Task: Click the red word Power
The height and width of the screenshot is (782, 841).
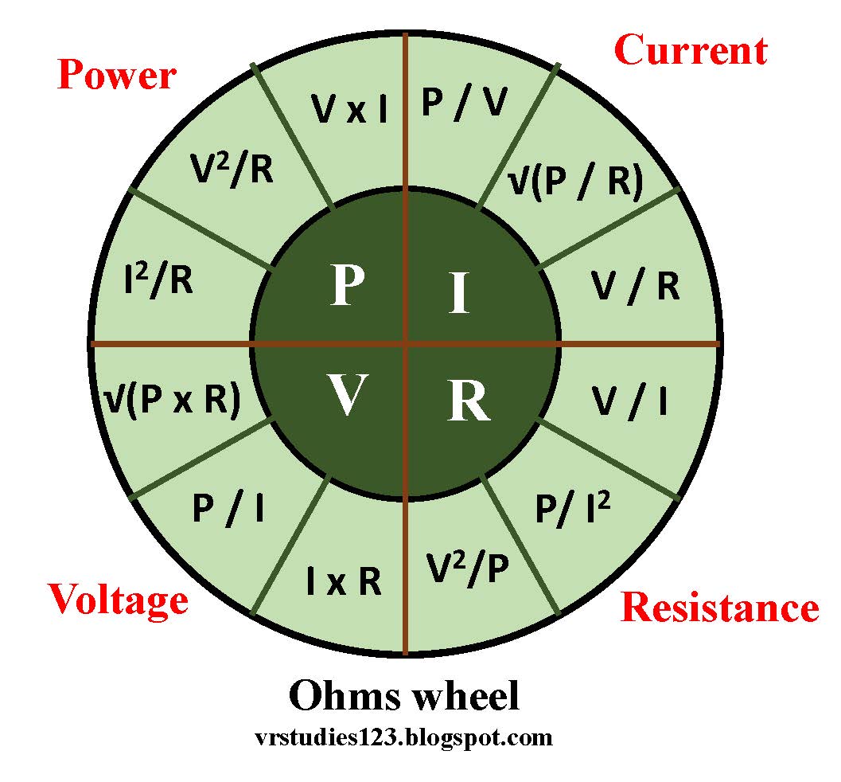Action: (x=117, y=76)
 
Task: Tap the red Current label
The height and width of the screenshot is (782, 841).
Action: (x=691, y=51)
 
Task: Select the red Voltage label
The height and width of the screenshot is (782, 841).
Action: (x=119, y=599)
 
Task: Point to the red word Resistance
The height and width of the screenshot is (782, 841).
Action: (x=719, y=608)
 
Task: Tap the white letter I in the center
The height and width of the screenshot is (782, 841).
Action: (x=458, y=293)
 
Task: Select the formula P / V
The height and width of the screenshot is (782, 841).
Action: (x=463, y=104)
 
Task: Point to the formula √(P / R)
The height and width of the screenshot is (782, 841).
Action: (x=574, y=182)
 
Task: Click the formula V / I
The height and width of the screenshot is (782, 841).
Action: (x=629, y=403)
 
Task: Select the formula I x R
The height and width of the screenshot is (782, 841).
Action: (x=344, y=583)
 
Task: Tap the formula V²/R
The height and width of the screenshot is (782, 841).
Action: (x=232, y=170)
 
